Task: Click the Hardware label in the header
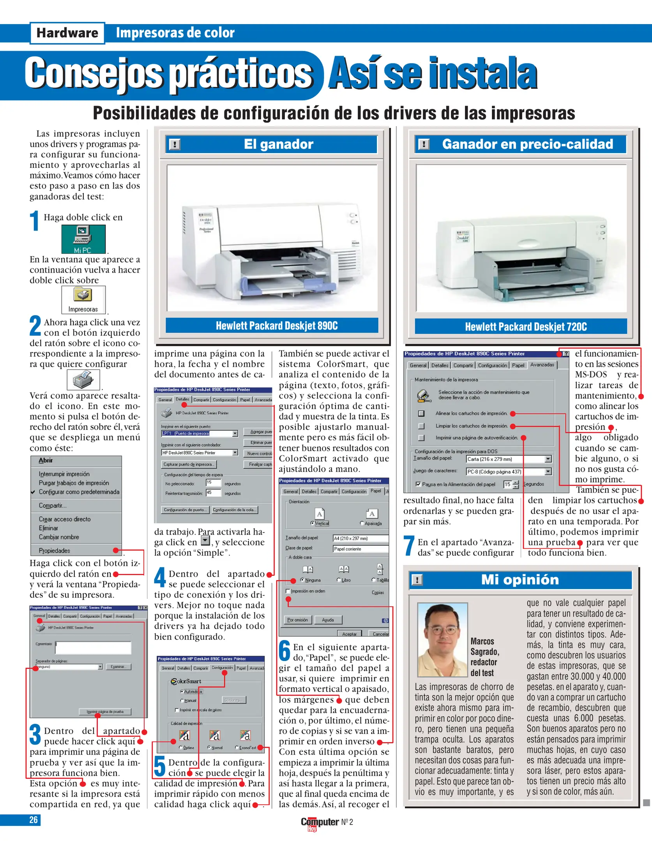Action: [67, 33]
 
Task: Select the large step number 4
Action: [160, 577]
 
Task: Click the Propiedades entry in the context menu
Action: [55, 551]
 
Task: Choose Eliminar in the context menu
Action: [48, 528]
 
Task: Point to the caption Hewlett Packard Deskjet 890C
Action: [276, 325]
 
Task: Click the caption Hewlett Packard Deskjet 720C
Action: [525, 327]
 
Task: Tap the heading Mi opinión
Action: [519, 580]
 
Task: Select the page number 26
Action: [34, 820]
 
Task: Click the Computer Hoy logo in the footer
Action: [320, 823]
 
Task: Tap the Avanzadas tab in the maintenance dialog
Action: [542, 365]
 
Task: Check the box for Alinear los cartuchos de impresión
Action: [421, 413]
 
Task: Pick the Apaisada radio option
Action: [362, 523]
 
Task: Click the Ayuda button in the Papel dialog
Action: [328, 620]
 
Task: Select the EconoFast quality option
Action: [237, 748]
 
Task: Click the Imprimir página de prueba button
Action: [105, 712]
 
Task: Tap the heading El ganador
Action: [278, 144]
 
